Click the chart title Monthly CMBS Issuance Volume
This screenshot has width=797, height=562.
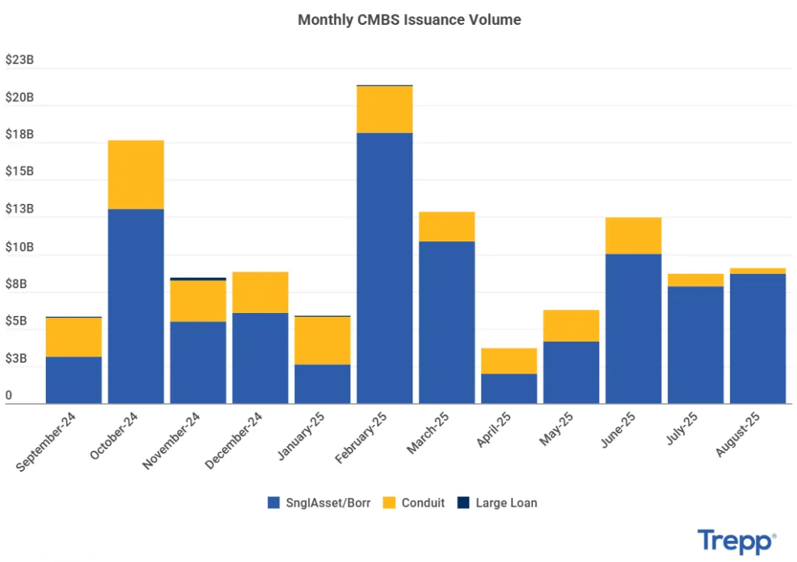coord(409,20)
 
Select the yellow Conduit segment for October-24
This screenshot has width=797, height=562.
coord(135,174)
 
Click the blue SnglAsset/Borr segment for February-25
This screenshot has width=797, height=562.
coord(384,268)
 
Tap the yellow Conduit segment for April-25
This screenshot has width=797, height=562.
coord(509,360)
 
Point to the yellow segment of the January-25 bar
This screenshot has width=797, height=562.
coord(322,340)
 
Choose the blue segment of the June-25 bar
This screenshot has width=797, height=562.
coord(633,328)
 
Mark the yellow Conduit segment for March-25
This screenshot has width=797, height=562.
coord(447,227)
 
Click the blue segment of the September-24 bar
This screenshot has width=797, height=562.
coord(74,380)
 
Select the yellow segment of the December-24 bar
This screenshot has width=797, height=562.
coord(260,292)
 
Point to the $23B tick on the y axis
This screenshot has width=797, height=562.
coord(19,60)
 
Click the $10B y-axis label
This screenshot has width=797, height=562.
coord(19,247)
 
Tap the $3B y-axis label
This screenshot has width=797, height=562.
coord(16,359)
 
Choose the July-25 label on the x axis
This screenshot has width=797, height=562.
coord(682,430)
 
